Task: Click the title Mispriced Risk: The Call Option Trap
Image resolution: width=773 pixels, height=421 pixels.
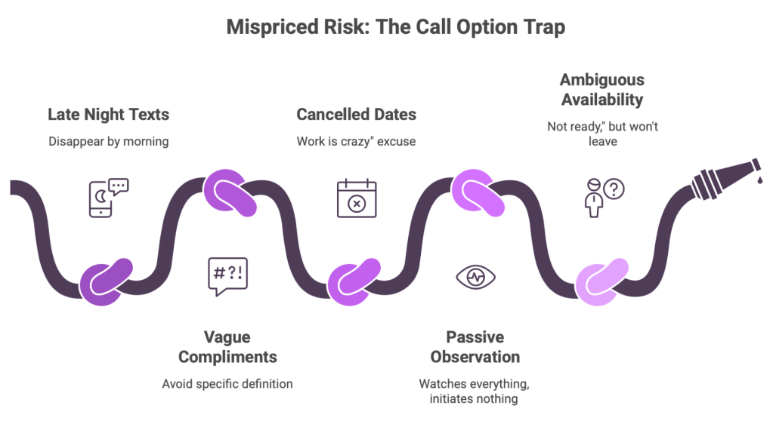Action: (386, 29)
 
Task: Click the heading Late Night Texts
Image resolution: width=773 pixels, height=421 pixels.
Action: (109, 115)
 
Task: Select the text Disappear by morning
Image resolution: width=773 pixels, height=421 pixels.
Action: (109, 141)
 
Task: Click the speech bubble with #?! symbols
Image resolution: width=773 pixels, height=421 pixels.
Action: (227, 275)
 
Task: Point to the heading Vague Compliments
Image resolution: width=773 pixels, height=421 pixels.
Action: (227, 346)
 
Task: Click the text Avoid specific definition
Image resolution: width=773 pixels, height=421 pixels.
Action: (227, 383)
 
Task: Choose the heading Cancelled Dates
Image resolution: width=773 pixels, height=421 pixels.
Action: (356, 115)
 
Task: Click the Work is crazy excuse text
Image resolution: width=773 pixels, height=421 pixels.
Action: (356, 141)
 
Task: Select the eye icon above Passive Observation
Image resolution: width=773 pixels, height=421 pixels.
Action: (476, 277)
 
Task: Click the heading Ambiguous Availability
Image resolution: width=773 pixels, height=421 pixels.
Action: (601, 89)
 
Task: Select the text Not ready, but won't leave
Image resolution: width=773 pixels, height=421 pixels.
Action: (602, 134)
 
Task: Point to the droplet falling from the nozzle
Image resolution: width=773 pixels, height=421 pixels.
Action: (761, 180)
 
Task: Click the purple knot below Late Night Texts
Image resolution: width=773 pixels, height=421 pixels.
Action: (107, 281)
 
